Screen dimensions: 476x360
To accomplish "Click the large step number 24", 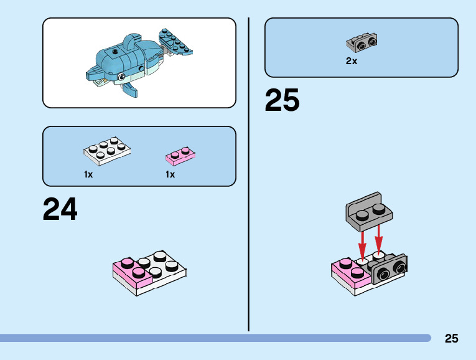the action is (x=60, y=209).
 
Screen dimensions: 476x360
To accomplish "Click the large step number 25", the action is (x=282, y=100).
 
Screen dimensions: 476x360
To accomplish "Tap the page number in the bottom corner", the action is (x=451, y=338).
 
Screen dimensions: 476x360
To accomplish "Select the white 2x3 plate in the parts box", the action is (x=107, y=150).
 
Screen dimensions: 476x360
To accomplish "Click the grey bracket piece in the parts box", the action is (x=362, y=42).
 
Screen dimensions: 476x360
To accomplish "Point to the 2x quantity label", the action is (x=352, y=61).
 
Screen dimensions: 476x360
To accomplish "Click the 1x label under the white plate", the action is (x=88, y=174).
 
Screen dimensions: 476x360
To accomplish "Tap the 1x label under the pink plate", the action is (x=170, y=174).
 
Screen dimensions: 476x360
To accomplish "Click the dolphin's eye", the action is (x=122, y=77).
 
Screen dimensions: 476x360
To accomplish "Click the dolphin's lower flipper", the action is (x=129, y=90).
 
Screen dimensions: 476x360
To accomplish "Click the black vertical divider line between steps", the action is (x=249, y=174).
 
